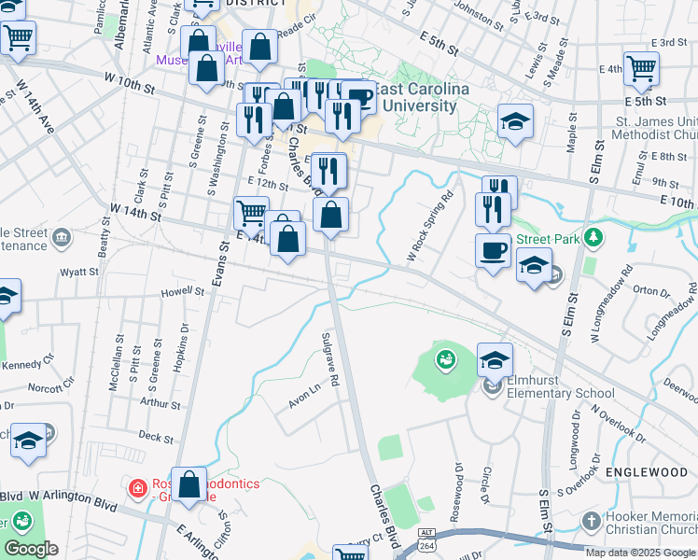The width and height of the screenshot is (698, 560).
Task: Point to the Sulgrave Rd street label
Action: [328, 360]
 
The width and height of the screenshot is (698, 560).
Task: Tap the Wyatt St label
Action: [79, 273]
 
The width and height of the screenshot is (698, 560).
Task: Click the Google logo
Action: [30, 549]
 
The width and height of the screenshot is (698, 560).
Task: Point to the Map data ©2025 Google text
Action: [640, 553]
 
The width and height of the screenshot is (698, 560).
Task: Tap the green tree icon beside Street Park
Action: [593, 238]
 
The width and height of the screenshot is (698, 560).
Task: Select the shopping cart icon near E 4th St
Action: [641, 67]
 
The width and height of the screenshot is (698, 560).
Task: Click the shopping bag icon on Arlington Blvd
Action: [189, 484]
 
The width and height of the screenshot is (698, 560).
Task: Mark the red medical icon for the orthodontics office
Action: [138, 486]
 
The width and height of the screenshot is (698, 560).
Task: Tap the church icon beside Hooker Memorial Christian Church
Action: [590, 519]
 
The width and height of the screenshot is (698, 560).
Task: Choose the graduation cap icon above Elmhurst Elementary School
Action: [495, 358]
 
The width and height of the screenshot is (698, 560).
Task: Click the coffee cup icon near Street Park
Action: [493, 250]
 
